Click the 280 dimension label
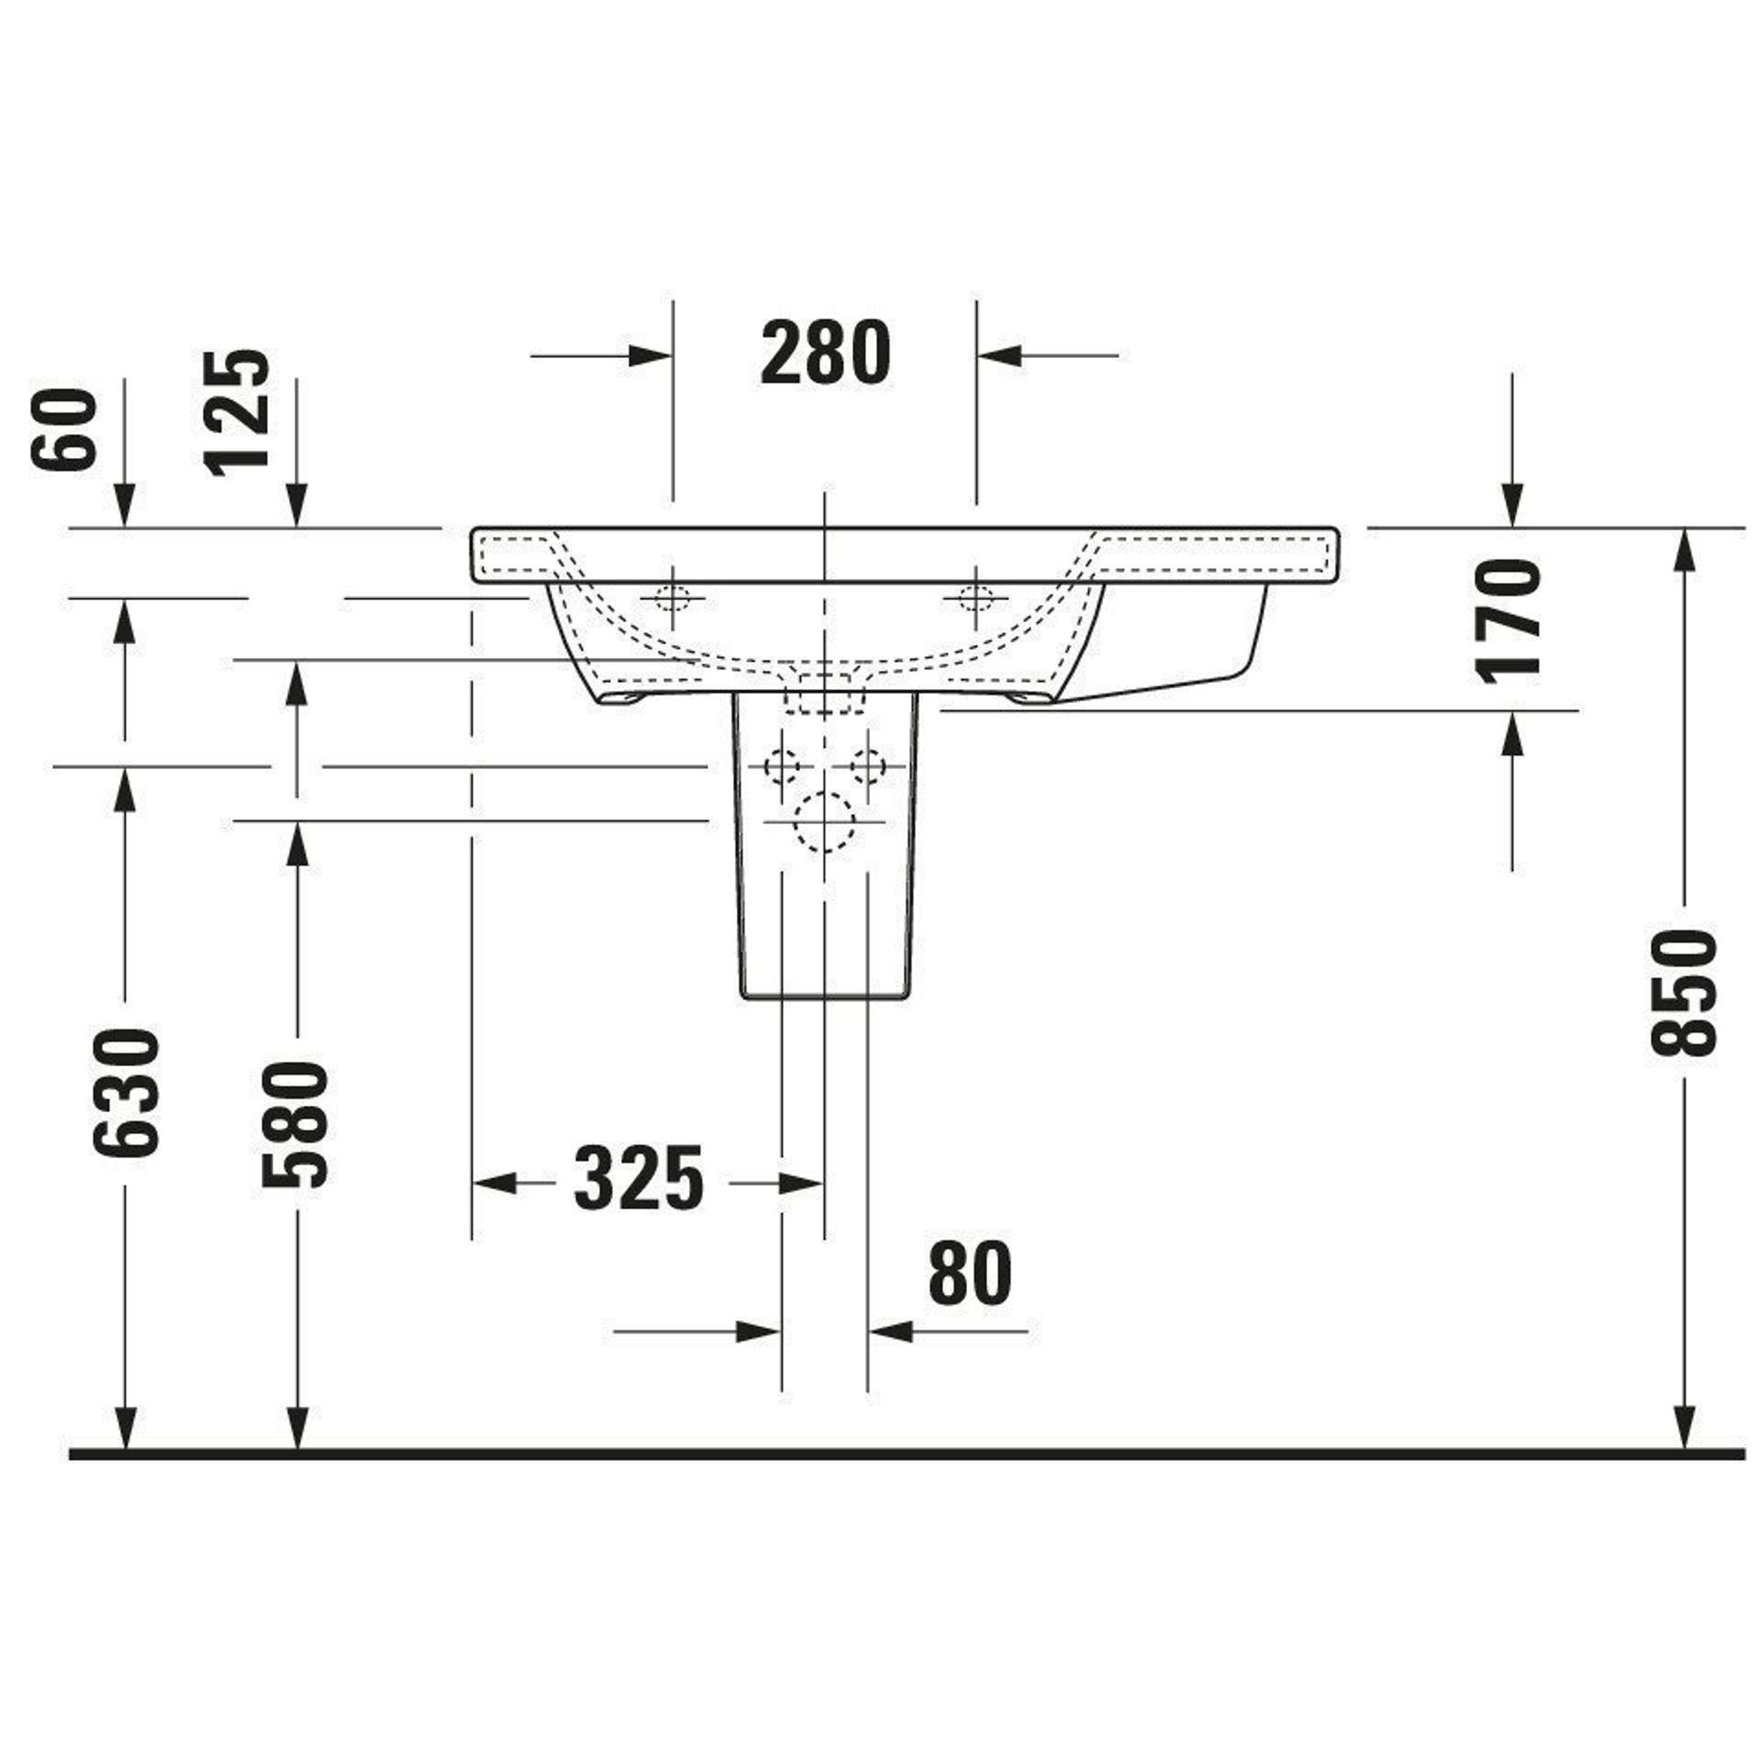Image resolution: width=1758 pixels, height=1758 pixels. point(825,353)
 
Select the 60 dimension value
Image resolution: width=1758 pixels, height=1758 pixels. point(63,429)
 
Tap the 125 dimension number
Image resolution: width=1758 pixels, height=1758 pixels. point(237,413)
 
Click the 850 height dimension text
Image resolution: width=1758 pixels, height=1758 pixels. point(1682,992)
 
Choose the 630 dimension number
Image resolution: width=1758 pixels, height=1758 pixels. point(126,1093)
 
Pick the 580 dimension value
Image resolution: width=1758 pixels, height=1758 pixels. point(294,1126)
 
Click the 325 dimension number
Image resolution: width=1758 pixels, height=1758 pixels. point(639,1179)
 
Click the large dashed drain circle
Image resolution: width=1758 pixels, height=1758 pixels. point(825,822)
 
